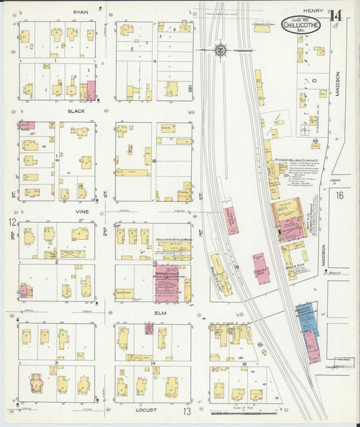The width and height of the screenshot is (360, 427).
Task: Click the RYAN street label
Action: pos(80,12)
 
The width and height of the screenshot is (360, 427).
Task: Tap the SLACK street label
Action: pos(76,111)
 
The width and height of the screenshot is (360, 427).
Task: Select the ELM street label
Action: pos(160,313)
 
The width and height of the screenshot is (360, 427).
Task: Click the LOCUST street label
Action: pos(154,409)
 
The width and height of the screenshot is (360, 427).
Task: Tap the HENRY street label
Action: pos(313,11)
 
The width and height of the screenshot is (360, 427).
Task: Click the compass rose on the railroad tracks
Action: pos(221,49)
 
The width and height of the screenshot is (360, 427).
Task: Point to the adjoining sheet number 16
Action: pos(340,195)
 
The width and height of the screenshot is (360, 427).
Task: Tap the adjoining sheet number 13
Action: pos(186,411)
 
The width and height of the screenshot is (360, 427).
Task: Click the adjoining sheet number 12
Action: pos(12,222)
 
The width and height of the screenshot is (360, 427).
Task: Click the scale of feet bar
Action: pos(242,412)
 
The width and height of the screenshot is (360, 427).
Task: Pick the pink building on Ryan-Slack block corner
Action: pos(91,91)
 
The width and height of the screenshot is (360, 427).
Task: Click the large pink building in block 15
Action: pos(166,282)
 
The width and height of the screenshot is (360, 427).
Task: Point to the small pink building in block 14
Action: pos(149,328)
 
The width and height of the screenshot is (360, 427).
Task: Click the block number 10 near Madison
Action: pos(314,80)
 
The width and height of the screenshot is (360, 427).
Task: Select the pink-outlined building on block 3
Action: pos(36,383)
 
